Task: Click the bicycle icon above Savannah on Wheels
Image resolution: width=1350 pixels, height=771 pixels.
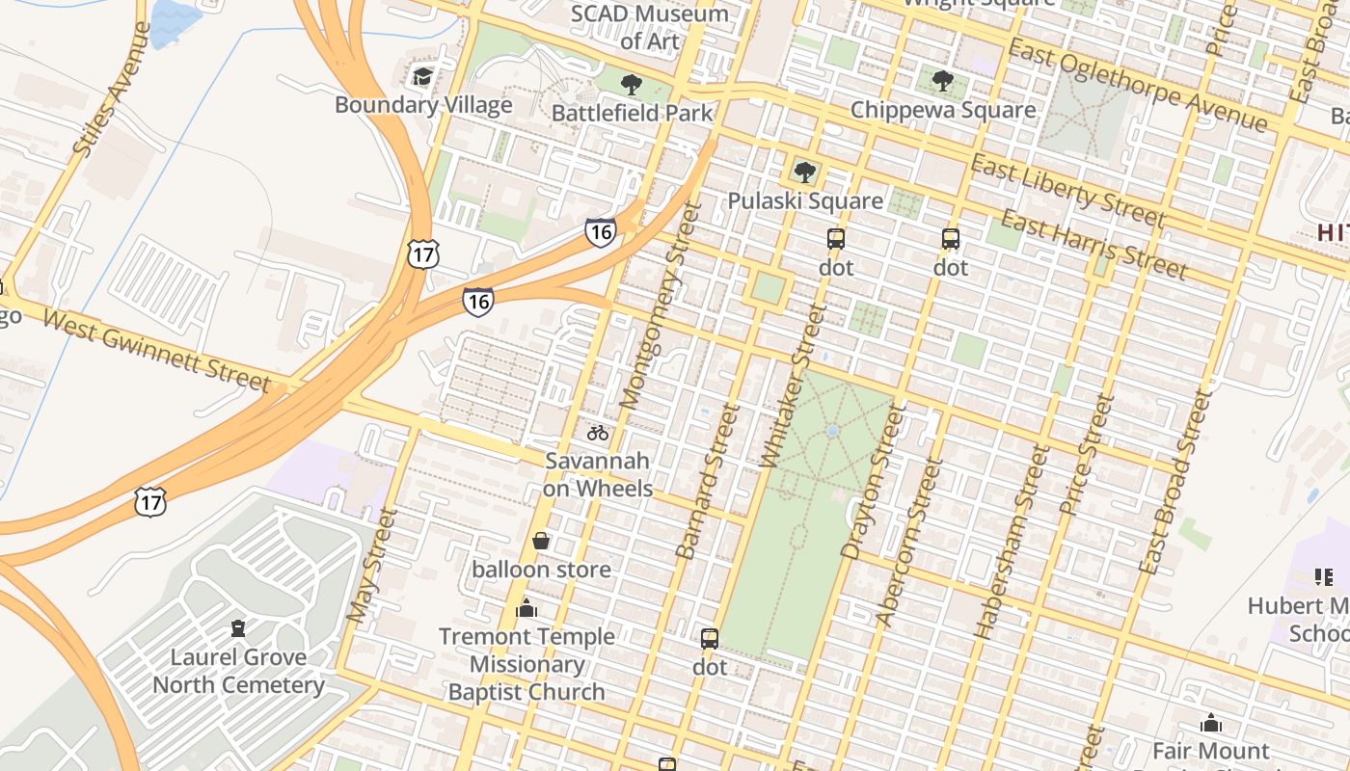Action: (x=598, y=433)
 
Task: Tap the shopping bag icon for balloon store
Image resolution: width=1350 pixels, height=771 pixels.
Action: (x=541, y=541)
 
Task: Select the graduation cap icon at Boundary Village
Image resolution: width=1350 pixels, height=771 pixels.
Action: (x=422, y=76)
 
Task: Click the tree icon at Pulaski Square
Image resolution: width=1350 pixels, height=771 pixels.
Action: (x=804, y=173)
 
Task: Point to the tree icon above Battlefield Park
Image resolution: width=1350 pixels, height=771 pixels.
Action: (x=632, y=85)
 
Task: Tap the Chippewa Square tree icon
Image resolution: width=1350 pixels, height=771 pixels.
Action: (x=943, y=81)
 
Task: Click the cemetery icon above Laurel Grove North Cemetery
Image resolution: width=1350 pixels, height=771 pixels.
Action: (x=237, y=629)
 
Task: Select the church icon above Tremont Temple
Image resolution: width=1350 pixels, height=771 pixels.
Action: (x=526, y=608)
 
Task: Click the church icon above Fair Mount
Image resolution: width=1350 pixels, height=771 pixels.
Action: (x=1211, y=722)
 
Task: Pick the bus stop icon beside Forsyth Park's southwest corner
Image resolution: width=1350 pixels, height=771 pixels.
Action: (x=710, y=638)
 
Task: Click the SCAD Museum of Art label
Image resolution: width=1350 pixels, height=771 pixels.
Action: (x=649, y=27)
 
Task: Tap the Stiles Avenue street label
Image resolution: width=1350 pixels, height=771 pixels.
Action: (x=113, y=90)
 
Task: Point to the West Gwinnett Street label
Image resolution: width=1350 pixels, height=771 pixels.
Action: (x=157, y=351)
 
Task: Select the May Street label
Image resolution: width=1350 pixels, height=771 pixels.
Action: (x=370, y=566)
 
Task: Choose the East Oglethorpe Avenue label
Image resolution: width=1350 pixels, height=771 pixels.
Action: (x=1137, y=86)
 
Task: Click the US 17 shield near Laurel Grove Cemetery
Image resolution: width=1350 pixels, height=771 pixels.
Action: (x=150, y=501)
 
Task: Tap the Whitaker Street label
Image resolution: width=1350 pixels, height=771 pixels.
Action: (x=794, y=386)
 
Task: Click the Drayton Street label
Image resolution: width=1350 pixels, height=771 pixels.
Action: (x=874, y=482)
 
